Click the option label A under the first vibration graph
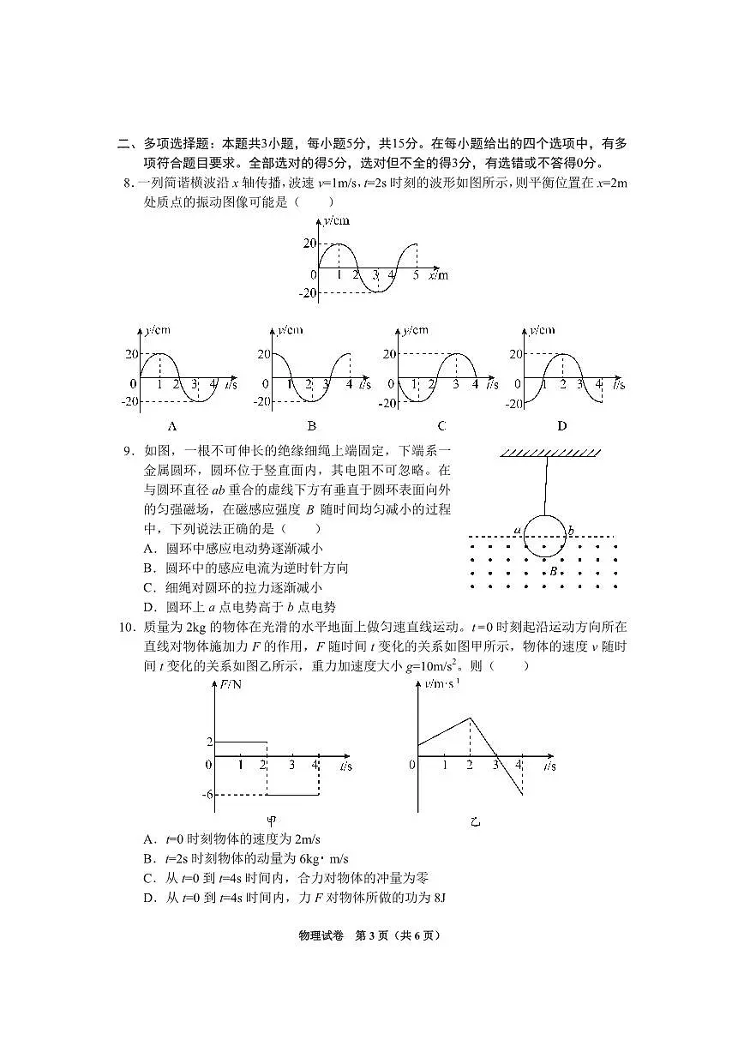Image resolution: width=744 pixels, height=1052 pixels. point(172,426)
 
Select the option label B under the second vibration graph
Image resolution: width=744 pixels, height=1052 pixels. point(311,426)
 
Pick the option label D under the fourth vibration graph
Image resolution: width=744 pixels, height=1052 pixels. point(561,426)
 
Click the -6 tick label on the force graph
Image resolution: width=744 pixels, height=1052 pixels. point(207,795)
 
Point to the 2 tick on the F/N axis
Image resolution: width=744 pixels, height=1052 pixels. point(208,742)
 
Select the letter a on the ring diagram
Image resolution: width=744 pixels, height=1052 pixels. point(518,531)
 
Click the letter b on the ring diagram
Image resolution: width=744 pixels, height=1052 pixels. point(571,531)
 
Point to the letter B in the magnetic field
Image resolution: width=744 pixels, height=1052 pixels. point(555,569)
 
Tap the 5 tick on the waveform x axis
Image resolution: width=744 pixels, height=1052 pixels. point(417,275)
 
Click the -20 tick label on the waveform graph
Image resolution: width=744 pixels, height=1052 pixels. point(306,293)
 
